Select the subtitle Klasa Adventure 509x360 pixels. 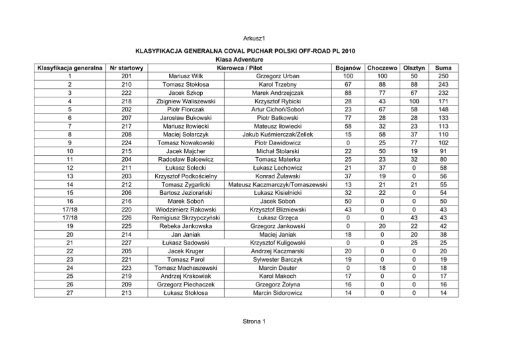(254, 58)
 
